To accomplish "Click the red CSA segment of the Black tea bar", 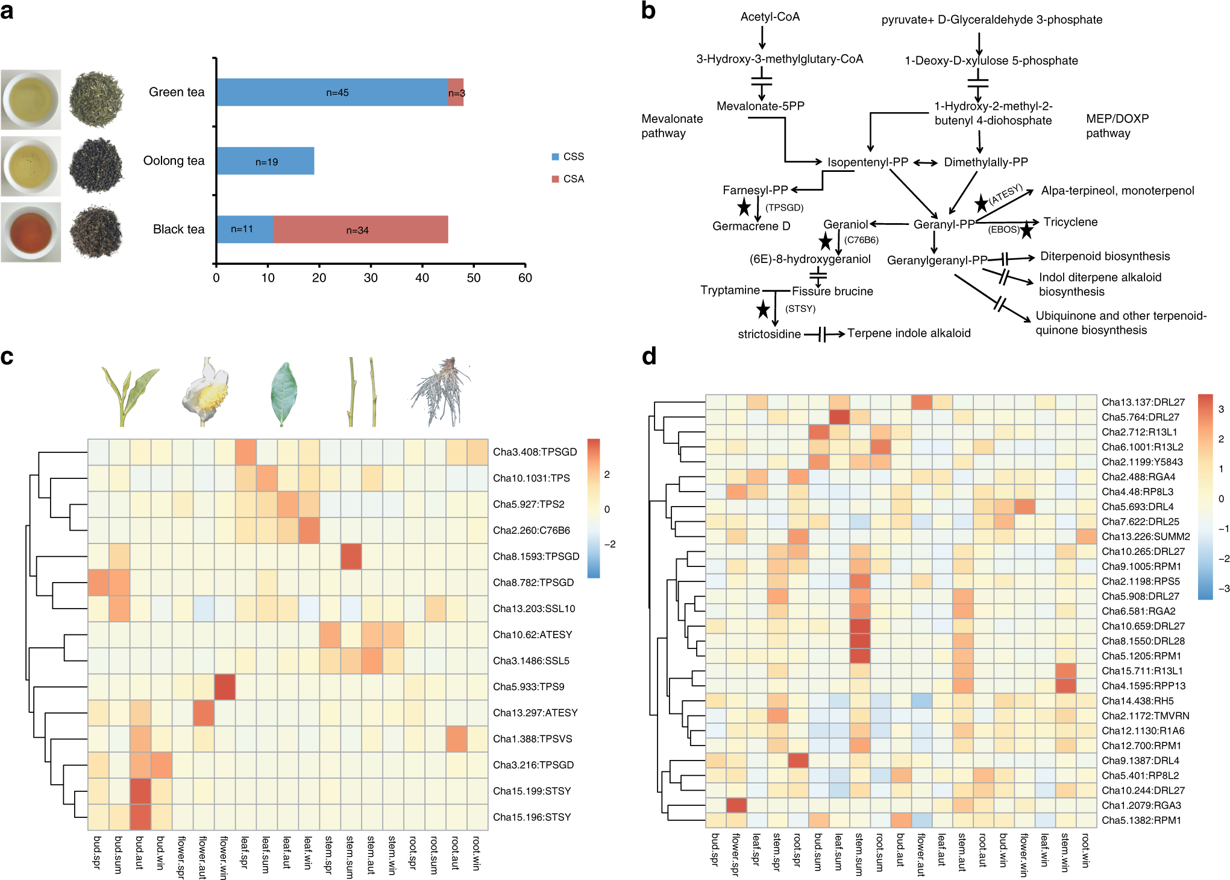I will (x=360, y=230).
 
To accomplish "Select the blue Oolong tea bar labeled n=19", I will (x=265, y=161).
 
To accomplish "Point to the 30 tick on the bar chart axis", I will (x=371, y=277).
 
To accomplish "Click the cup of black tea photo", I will (x=31, y=232).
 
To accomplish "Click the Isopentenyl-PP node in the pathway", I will (x=867, y=162).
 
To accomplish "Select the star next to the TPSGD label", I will (x=744, y=207).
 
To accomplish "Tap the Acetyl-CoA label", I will (x=770, y=17).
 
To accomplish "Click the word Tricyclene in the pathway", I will (x=1070, y=222).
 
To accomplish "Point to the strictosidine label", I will (x=769, y=334).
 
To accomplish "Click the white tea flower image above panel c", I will (x=206, y=392).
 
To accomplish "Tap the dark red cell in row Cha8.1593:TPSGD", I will (x=351, y=556).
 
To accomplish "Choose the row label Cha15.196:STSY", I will (x=532, y=817).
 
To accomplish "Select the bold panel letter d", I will (x=649, y=356).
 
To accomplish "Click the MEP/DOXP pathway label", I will (x=1117, y=125).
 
